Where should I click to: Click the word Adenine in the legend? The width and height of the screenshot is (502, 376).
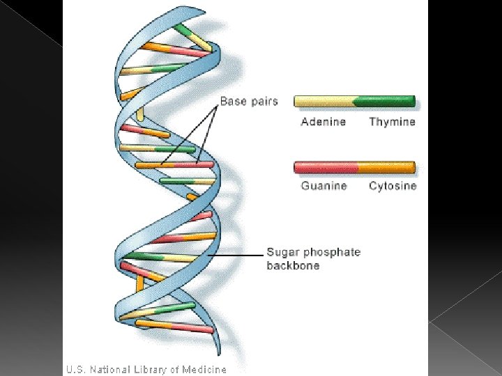point(323,122)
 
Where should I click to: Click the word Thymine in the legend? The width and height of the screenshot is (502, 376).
point(392,122)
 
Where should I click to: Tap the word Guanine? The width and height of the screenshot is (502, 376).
point(324,186)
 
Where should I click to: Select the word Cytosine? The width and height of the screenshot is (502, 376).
point(393,186)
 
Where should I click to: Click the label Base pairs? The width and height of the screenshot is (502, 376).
point(249,101)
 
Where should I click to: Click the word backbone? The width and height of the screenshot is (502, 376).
point(293,265)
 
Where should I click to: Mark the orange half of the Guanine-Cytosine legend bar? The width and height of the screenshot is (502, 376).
point(386,167)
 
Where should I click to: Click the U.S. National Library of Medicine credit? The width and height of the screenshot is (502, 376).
point(146,369)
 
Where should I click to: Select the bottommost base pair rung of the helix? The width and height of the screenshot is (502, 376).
point(174,325)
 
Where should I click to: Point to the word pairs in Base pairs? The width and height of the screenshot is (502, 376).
point(263,102)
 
